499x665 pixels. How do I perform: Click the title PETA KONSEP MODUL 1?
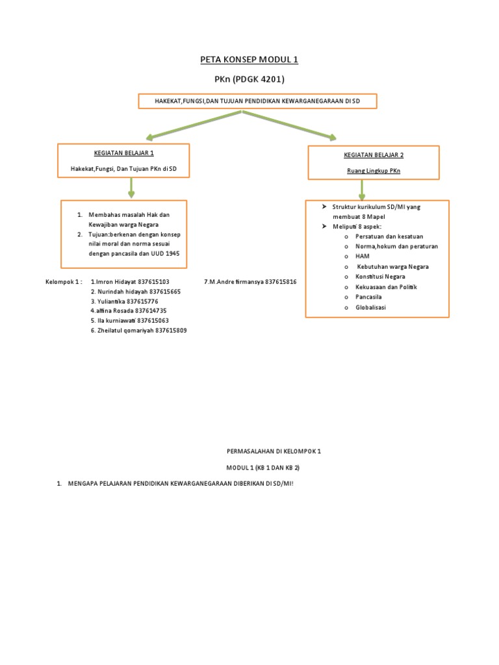(x=249, y=60)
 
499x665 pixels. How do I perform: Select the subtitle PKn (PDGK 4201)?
(x=249, y=79)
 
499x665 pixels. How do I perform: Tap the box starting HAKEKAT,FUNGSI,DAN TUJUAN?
(x=257, y=101)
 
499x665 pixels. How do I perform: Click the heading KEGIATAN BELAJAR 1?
(x=123, y=153)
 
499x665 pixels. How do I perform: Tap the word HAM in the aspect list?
(x=363, y=257)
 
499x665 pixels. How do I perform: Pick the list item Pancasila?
(x=368, y=297)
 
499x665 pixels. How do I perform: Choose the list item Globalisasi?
(x=370, y=307)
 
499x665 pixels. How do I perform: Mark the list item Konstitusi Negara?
(x=380, y=277)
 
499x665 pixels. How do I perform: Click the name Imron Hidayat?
(x=116, y=282)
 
